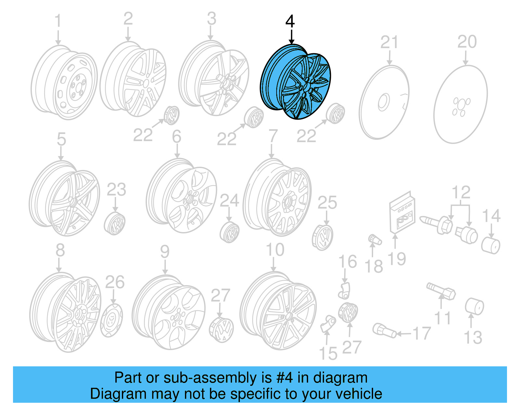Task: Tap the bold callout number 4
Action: (290, 21)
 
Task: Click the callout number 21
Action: (389, 42)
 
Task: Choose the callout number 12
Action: (461, 192)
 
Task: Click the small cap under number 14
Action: (490, 245)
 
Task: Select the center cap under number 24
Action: (230, 232)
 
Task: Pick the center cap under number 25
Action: (323, 237)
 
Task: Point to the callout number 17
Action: (422, 334)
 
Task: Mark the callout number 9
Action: (165, 252)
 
